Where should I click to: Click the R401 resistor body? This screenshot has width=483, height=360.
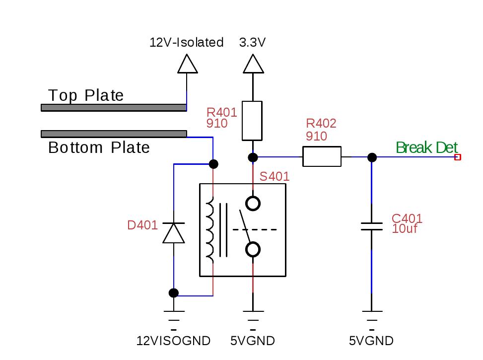(252, 121)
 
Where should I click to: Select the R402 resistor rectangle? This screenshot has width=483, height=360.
(322, 156)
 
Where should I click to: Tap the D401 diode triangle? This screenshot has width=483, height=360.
(174, 233)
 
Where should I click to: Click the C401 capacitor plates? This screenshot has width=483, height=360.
(372, 226)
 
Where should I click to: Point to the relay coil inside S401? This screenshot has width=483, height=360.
(210, 230)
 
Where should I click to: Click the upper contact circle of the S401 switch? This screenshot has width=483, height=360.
(253, 204)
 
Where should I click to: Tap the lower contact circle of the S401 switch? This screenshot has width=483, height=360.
(253, 249)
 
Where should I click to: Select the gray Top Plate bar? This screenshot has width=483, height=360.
(114, 108)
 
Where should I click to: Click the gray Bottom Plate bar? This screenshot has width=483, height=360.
(114, 134)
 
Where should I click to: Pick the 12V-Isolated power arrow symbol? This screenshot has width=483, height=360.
(187, 64)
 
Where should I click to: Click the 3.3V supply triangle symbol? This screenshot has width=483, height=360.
(253, 64)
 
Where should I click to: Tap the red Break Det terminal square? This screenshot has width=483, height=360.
(458, 157)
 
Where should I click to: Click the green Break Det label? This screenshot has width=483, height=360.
(426, 147)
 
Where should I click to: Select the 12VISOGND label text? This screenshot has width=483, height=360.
(173, 341)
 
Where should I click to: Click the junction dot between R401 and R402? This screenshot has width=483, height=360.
(253, 157)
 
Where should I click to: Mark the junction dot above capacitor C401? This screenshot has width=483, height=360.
(372, 157)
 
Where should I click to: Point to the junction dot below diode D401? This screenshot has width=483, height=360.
(174, 293)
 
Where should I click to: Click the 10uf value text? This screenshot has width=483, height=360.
(405, 229)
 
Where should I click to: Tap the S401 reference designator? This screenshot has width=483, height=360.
(275, 177)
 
